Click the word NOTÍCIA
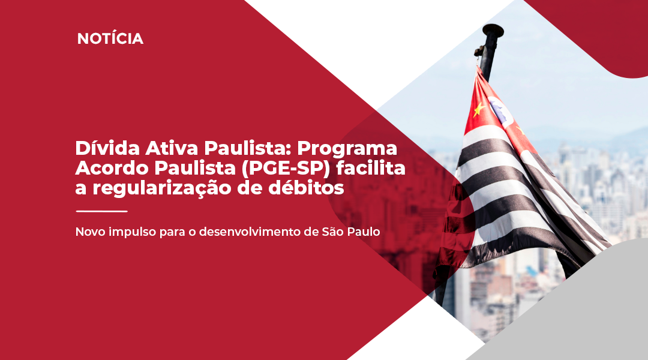(110, 38)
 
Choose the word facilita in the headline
(371, 167)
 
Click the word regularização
(161, 188)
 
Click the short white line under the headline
(101, 211)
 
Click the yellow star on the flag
(479, 110)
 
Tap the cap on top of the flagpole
(493, 30)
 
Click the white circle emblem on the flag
(501, 111)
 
